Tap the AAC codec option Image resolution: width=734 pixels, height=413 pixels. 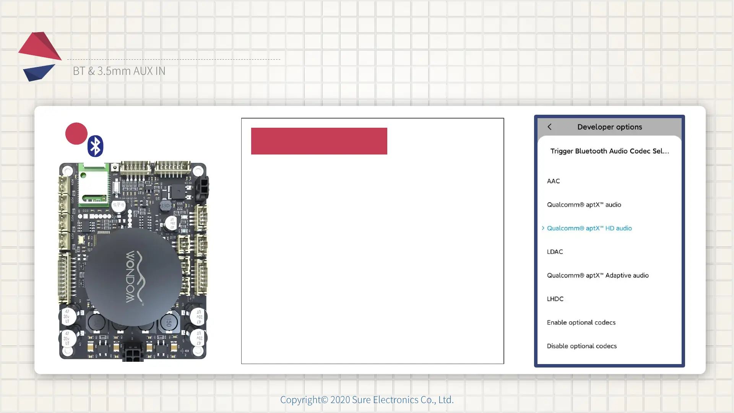[x=553, y=181]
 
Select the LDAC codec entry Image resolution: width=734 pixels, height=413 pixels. [x=555, y=252]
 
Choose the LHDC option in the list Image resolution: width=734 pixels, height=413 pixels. [x=555, y=299]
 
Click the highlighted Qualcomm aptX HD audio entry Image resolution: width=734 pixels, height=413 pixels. [x=589, y=228]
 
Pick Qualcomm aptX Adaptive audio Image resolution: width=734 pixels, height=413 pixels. [x=598, y=275]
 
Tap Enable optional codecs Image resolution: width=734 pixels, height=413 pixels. [x=581, y=323]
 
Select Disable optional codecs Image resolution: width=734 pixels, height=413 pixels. [x=581, y=346]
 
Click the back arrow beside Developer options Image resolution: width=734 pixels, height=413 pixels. [x=549, y=127]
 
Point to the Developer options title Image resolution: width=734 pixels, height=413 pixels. [x=609, y=127]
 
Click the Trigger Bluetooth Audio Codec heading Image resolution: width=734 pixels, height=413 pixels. [x=609, y=151]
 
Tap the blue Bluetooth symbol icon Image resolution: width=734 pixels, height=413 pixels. [x=95, y=146]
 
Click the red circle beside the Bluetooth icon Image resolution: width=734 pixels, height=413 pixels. [x=76, y=133]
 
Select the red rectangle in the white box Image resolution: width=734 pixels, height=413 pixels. [x=319, y=141]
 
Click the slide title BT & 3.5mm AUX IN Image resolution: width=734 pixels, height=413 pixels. [x=119, y=71]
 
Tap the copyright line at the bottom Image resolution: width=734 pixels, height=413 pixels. [x=367, y=400]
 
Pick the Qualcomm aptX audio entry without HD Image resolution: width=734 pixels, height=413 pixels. [x=584, y=205]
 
